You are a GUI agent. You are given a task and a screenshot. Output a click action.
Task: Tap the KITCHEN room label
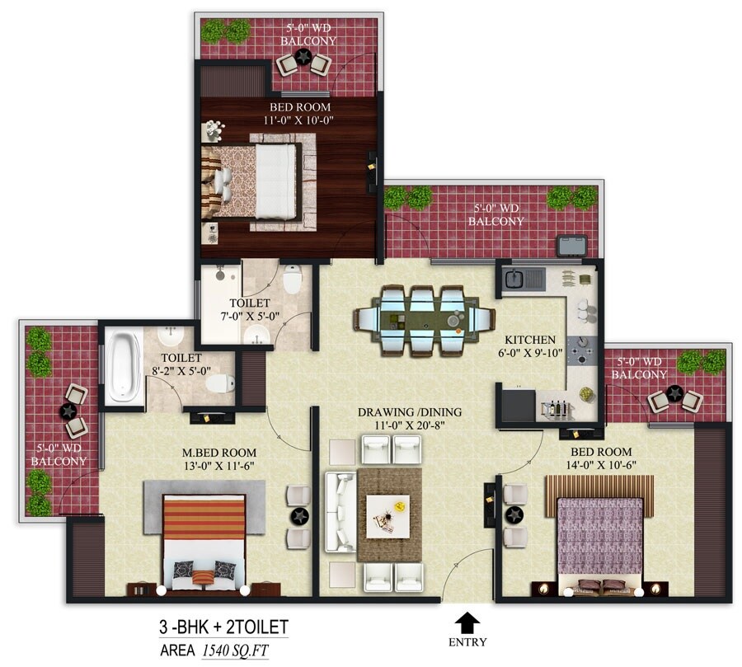coord(530,340)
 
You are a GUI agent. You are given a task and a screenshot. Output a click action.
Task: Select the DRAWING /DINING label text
coord(410,412)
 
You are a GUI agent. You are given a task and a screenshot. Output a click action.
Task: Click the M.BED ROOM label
coord(219,453)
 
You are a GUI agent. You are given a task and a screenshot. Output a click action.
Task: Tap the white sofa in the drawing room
coord(338,511)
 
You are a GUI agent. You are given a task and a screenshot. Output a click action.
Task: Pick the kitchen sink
coord(521,279)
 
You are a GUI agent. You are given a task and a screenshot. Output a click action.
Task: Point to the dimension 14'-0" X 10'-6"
coord(599,466)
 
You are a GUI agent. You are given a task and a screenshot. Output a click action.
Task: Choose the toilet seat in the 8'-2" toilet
coord(218,383)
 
